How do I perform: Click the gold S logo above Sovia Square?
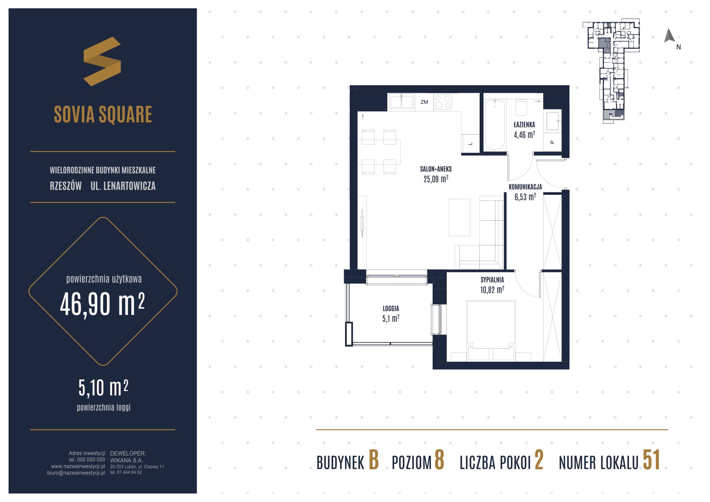point(102,61)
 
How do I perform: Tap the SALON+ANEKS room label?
point(436,169)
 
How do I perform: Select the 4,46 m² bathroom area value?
point(524,135)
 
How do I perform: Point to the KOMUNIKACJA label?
point(525,187)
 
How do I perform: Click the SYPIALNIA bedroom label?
point(492,280)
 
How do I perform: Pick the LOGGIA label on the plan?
point(391,308)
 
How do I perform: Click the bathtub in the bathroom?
point(494,125)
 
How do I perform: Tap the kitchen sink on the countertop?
point(401,102)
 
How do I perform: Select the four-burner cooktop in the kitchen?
point(443,102)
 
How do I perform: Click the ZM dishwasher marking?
point(424,102)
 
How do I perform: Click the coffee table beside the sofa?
point(459,217)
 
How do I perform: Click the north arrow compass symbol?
point(669,36)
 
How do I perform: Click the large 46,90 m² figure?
point(102,304)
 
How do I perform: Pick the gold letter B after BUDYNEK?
point(374,460)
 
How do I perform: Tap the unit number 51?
point(651,460)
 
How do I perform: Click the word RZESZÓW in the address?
point(66,186)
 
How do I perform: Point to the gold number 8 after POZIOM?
point(439,460)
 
